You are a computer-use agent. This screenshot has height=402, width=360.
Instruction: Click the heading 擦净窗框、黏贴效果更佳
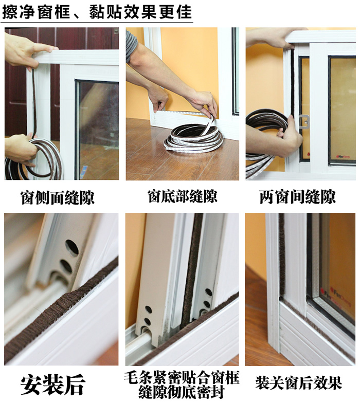(x=97, y=11)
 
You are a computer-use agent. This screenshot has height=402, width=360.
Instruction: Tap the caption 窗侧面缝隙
(x=58, y=197)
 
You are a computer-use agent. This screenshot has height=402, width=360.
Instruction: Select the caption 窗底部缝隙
(x=182, y=196)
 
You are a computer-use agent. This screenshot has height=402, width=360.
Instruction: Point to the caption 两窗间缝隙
(x=297, y=197)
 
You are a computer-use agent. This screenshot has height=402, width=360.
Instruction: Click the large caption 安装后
(x=52, y=384)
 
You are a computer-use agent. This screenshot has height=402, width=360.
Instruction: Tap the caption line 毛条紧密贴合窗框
(x=182, y=377)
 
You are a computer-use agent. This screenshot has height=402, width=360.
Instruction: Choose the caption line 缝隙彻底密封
(x=182, y=391)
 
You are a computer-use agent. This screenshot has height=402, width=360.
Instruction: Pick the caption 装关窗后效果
(x=299, y=383)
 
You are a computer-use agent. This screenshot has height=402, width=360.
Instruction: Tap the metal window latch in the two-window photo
(x=303, y=122)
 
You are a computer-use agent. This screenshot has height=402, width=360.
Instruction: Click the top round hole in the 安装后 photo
(x=72, y=247)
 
